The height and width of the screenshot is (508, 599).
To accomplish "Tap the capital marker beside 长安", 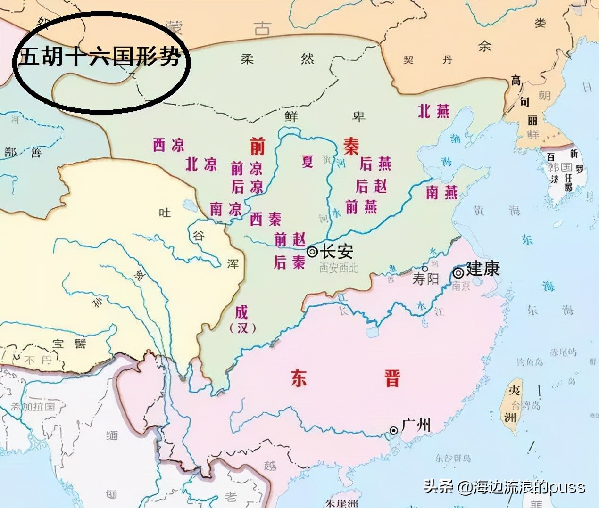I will click(312, 252).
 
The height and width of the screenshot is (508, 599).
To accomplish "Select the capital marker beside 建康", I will click(458, 272).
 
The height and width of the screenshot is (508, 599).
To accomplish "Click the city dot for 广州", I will click(393, 430).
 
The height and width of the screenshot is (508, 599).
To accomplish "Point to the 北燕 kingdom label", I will click(434, 111).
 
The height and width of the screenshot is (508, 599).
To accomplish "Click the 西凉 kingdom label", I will click(168, 145).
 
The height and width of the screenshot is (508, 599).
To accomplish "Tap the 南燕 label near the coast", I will click(441, 192).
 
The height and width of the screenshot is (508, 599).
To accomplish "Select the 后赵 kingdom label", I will click(371, 186).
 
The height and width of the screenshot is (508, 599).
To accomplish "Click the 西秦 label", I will click(265, 219).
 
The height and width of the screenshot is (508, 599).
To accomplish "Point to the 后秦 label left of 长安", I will click(289, 262).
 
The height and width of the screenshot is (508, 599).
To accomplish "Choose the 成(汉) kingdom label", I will click(242, 319).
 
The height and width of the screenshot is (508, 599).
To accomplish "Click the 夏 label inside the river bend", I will click(308, 162).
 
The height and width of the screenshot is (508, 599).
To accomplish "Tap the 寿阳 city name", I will click(425, 279).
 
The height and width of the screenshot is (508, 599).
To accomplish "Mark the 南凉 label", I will click(225, 208).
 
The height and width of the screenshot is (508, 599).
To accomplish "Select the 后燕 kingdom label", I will click(375, 164).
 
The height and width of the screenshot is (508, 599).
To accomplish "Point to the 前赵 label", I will click(290, 239).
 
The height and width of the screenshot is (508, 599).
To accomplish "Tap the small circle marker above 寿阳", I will click(425, 268).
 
